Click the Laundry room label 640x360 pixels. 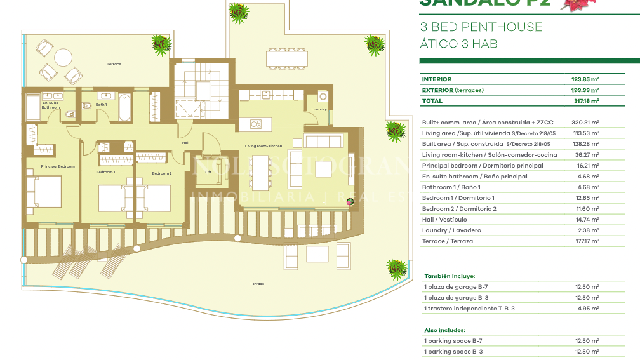point(319,109)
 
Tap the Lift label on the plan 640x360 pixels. point(208,171)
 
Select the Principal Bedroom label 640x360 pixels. point(58,166)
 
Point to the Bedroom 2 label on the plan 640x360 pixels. point(161,173)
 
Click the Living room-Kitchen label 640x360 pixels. point(263,146)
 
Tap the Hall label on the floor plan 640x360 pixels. point(185,143)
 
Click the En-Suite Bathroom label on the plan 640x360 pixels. point(51,105)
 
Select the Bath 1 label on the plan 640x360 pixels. point(101,105)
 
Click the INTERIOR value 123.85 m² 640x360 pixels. point(586,79)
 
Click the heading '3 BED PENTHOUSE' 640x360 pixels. point(481,27)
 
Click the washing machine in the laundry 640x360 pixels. point(322,97)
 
